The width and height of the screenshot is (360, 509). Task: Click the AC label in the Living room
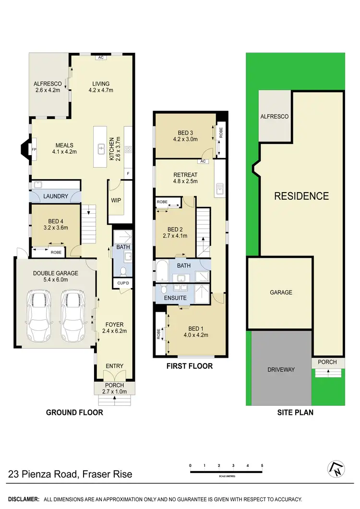tap(101, 58)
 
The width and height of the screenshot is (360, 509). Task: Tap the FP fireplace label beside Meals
tap(34, 150)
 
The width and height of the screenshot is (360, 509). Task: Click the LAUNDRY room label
tap(56, 196)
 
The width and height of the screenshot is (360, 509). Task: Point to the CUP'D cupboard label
tap(123, 283)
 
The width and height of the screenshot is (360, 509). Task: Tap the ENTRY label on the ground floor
tap(114, 366)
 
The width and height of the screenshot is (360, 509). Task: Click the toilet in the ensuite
tap(164, 289)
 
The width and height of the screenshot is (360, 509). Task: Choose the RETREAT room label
tap(185, 174)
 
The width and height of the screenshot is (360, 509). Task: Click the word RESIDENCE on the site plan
tap(301, 196)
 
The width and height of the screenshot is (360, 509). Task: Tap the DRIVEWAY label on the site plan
tap(281, 369)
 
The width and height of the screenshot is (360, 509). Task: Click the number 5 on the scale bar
tap(262, 466)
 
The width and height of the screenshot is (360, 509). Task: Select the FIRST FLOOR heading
tap(190, 366)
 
